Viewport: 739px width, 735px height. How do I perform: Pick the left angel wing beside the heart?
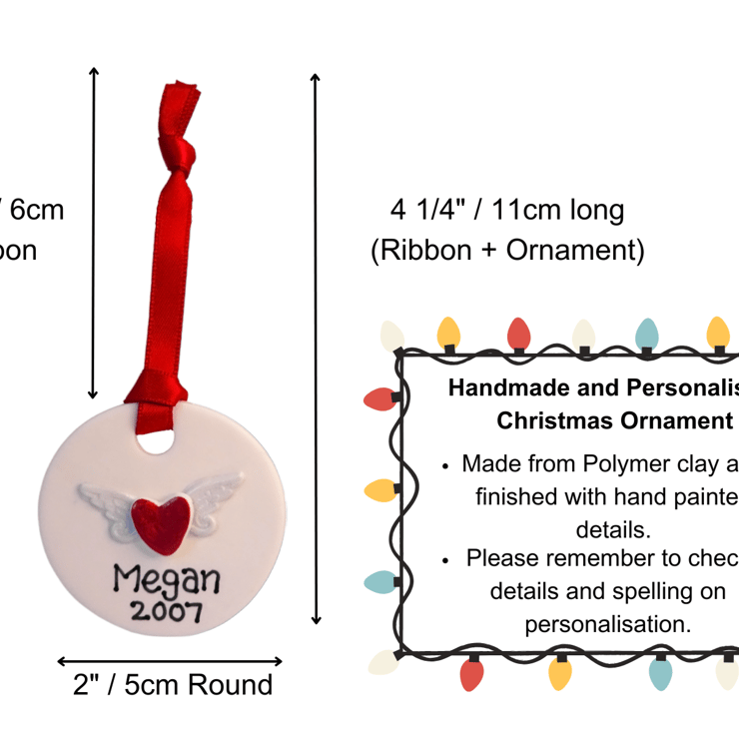pos(107,495)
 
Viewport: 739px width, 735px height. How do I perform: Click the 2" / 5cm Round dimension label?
pos(172,685)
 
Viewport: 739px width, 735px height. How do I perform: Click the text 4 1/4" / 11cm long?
pos(506,212)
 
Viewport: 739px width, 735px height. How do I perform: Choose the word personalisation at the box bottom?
pos(608,624)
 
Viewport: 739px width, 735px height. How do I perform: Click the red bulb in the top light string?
pos(518,335)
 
